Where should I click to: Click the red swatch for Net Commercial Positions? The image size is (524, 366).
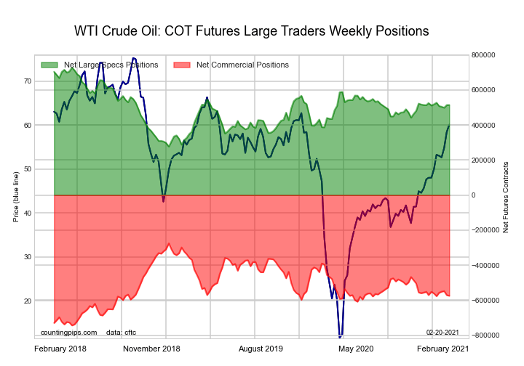[182, 65]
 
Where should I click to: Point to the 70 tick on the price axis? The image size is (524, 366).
[27, 81]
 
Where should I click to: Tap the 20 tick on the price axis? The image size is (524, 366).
[27, 301]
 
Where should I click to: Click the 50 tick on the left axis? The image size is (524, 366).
[27, 169]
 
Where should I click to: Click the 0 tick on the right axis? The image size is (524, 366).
[474, 195]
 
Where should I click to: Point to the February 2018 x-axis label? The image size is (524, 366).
[61, 349]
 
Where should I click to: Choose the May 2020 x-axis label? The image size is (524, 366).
[356, 349]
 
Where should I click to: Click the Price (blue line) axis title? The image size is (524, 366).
[16, 195]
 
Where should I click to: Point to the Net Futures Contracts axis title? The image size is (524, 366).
[506, 195]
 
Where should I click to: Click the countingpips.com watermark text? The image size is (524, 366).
[68, 332]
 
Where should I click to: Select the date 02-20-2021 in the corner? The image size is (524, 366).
[442, 332]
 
